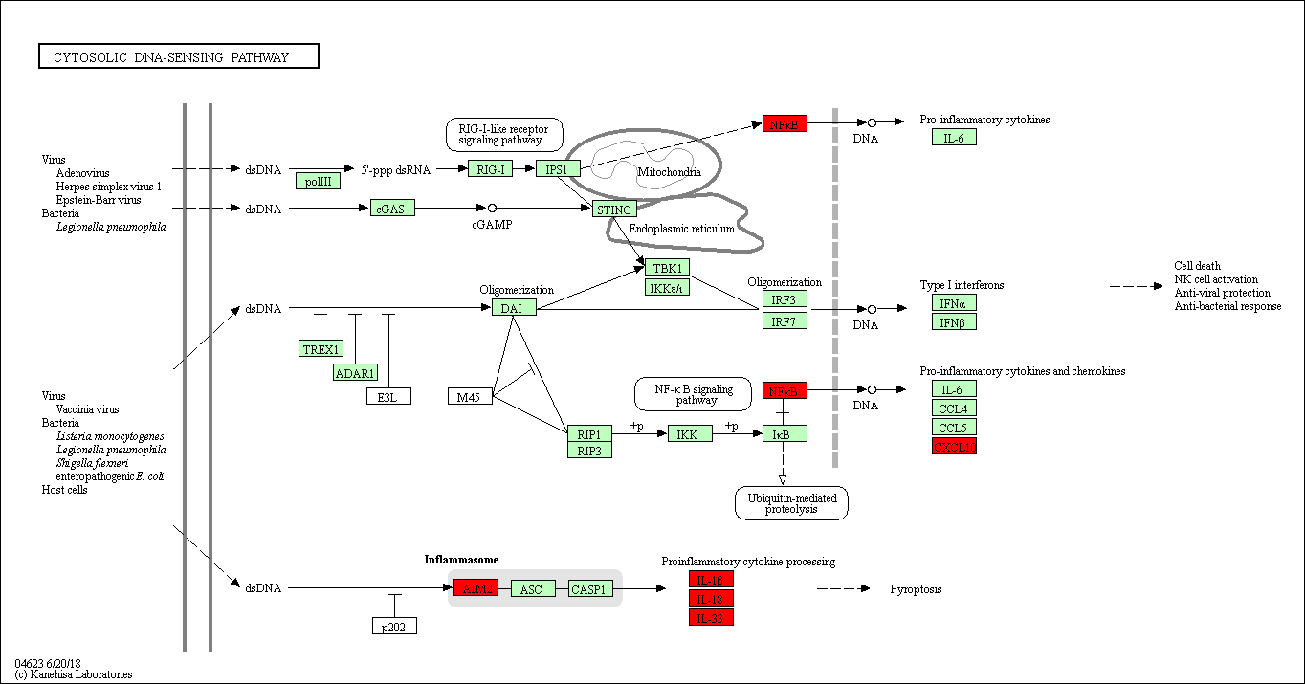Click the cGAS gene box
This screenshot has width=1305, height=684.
tap(392, 209)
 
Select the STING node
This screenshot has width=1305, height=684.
tap(614, 210)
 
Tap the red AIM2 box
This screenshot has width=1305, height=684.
tap(476, 588)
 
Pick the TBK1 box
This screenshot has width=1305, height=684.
tap(667, 267)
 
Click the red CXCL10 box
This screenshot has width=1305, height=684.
tap(954, 446)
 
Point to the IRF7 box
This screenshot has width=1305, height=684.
tap(785, 320)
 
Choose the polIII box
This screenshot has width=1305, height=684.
tap(318, 181)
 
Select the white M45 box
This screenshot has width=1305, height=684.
tap(470, 396)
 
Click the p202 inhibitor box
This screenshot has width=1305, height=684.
tap(394, 626)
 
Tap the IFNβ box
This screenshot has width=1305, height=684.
tap(954, 321)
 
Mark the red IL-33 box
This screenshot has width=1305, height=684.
tap(711, 617)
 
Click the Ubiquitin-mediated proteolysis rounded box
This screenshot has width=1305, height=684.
tap(791, 503)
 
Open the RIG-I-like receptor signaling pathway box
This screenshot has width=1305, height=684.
tap(504, 134)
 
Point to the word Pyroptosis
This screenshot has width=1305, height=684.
tap(916, 589)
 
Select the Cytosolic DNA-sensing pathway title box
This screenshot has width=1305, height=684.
tap(179, 57)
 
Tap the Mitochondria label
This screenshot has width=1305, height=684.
tap(669, 172)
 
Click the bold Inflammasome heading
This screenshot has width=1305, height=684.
tap(461, 559)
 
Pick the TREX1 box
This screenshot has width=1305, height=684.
tap(321, 349)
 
